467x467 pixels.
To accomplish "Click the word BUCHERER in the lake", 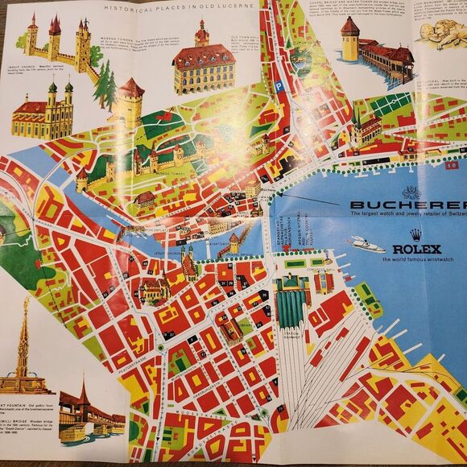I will tap(407, 205).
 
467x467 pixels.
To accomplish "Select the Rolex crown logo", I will tap(415, 235).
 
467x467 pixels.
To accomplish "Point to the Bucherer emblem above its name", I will tap(411, 192).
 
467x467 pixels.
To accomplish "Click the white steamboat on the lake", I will tap(367, 243).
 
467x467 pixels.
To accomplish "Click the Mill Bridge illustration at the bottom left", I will tap(89, 411).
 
